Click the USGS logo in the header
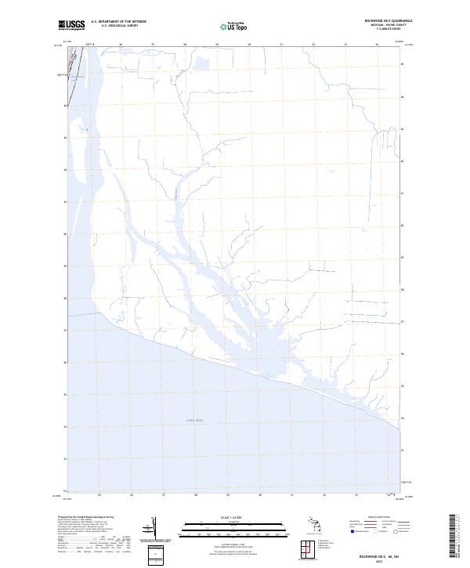[71, 25]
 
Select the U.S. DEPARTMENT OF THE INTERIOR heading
[118, 21]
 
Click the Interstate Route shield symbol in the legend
[354, 531]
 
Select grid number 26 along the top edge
[121, 45]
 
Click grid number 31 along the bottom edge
[291, 495]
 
